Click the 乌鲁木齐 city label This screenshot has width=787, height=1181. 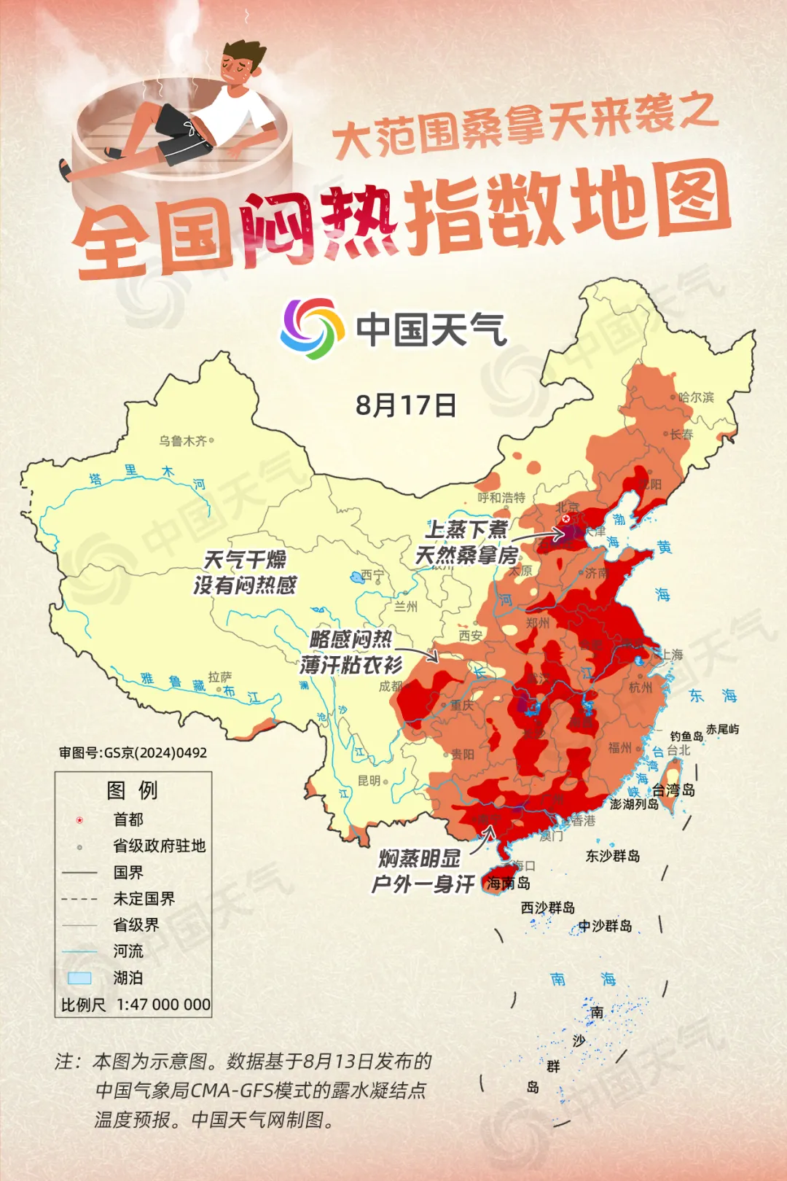(183, 441)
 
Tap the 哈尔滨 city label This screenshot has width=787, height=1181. (696, 397)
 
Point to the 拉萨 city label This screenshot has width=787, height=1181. (220, 677)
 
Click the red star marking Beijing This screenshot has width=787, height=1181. (566, 519)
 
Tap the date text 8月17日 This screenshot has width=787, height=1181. (406, 405)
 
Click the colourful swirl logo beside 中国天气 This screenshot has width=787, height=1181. (312, 328)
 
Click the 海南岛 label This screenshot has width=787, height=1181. (509, 884)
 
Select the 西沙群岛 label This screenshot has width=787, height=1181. (548, 908)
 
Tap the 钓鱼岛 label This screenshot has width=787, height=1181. (686, 736)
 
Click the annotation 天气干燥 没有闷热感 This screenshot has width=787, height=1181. (245, 572)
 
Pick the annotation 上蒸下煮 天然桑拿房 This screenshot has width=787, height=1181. (466, 542)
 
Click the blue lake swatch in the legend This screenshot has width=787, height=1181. (79, 978)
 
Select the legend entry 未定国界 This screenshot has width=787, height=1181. (144, 899)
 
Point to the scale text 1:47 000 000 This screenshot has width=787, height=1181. (163, 1005)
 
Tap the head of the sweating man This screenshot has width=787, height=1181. (243, 62)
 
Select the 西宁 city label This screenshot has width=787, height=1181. (372, 576)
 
